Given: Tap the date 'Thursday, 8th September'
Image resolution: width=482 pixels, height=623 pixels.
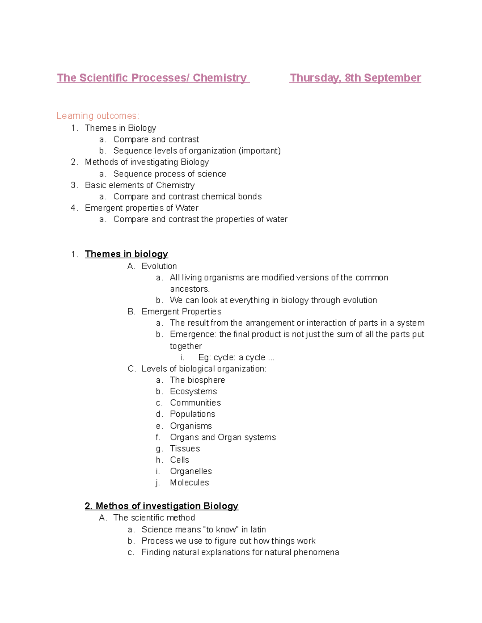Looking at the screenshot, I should point(355,78).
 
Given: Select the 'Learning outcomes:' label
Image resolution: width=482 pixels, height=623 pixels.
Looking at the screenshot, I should point(98,116).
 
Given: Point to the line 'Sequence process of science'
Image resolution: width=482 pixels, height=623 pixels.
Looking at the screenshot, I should point(170,174).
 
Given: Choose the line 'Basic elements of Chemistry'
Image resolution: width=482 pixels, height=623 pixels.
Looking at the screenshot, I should point(140,185).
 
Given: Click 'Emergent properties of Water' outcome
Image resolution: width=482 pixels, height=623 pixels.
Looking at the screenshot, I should point(141,208).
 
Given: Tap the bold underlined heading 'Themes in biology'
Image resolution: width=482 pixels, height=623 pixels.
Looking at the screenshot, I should point(126,254).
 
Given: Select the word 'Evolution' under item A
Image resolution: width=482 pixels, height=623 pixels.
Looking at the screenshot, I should point(159,266).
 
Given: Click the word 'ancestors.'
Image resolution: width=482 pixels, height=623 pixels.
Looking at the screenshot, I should point(190,289).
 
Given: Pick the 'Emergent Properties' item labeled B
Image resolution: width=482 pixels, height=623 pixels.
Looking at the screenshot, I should point(181,312).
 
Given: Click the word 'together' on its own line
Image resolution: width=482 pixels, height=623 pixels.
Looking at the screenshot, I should point(186,346).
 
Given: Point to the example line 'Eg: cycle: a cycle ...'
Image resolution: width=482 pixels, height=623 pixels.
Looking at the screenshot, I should point(236,357).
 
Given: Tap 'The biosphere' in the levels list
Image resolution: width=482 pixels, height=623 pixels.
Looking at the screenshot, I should point(197,380).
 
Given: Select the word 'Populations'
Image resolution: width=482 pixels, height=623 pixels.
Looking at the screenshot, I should point(192,414).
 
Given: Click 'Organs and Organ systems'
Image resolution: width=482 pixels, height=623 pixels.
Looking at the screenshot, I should point(223,437).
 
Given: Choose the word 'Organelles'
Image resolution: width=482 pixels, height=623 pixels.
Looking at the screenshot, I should point(191,471).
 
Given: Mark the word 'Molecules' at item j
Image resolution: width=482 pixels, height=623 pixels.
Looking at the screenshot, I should point(189,483).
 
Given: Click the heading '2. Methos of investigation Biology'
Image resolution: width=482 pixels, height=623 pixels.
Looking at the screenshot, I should point(161,506).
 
